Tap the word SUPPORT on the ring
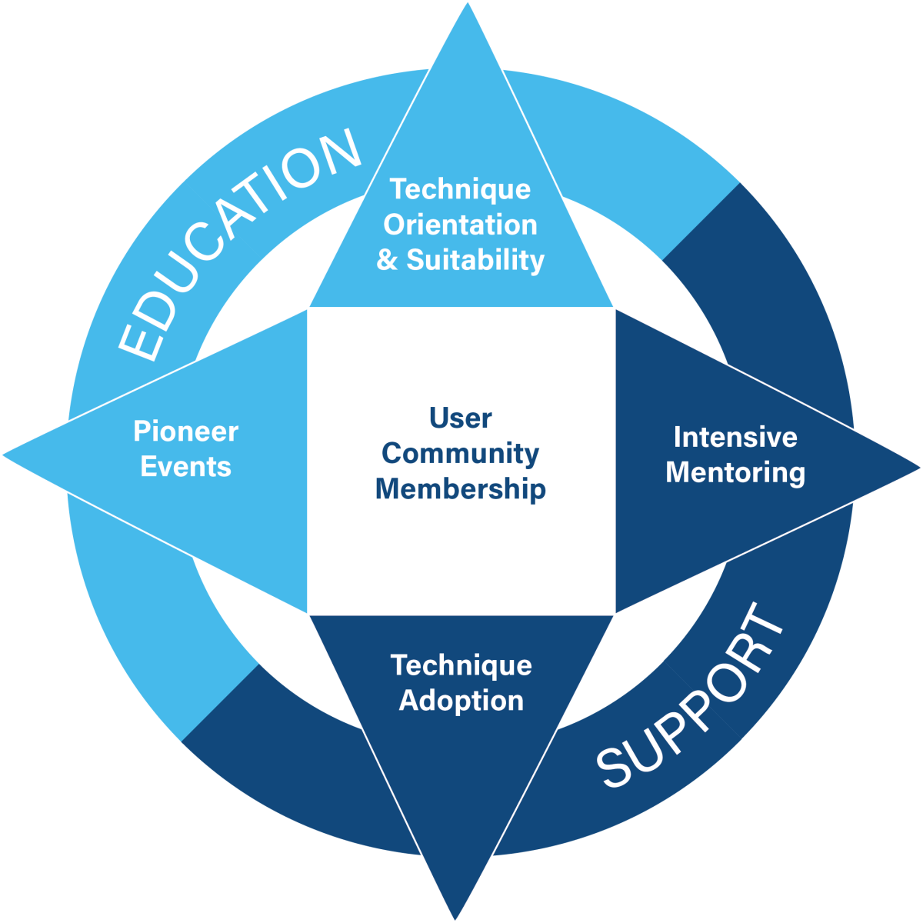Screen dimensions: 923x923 tap(690, 695)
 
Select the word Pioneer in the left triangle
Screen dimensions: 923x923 tap(186, 431)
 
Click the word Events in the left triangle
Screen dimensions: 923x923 tap(186, 467)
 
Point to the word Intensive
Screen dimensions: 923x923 tap(736, 437)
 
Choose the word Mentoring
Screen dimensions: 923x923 tap(736, 473)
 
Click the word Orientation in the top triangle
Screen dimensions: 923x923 tap(460, 225)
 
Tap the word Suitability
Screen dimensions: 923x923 tap(475, 261)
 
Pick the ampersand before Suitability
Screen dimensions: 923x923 tap(387, 260)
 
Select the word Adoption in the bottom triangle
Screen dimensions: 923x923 tap(461, 701)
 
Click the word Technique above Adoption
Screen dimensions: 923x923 tap(461, 666)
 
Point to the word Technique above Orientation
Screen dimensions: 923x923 tap(460, 189)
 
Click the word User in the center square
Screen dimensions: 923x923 tap(460, 418)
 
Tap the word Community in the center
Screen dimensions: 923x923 tap(460, 454)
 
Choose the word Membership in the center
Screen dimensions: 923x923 tap(460, 489)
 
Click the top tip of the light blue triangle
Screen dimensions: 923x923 tap(468, 3)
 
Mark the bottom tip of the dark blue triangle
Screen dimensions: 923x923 tap(455, 919)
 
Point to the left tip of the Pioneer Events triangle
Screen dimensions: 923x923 tap(3, 455)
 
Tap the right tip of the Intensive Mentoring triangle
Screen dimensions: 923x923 tap(920, 468)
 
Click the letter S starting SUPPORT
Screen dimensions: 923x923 tap(615, 766)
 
